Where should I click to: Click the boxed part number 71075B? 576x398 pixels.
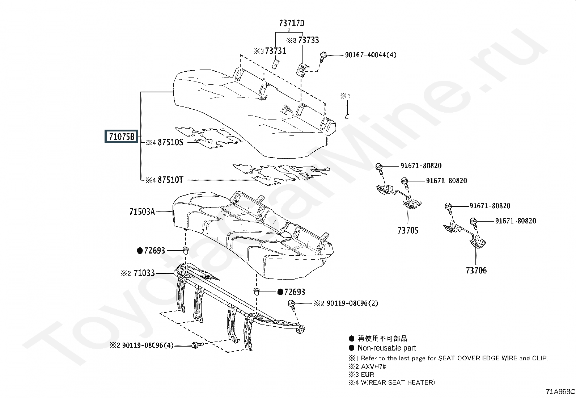[x=122, y=137]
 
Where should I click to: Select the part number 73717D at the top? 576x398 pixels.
[x=292, y=23]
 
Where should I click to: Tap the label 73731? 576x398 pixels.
[x=275, y=51]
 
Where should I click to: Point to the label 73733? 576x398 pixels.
[x=308, y=40]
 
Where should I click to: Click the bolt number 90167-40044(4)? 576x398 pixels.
[x=370, y=55]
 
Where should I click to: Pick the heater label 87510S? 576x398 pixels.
[x=170, y=142]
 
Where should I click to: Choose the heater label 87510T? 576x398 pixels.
[x=170, y=180]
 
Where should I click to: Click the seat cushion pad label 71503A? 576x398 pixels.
[x=142, y=211]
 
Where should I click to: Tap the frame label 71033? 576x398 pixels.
[x=144, y=273]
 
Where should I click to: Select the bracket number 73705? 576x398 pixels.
[x=408, y=230]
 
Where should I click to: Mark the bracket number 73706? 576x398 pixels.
[x=476, y=270]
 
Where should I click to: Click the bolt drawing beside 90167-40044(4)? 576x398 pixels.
[x=323, y=56]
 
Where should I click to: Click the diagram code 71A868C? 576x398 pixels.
[x=560, y=391]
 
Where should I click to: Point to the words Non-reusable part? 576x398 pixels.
[x=386, y=348]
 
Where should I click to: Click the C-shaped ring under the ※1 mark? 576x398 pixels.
[x=347, y=117]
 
